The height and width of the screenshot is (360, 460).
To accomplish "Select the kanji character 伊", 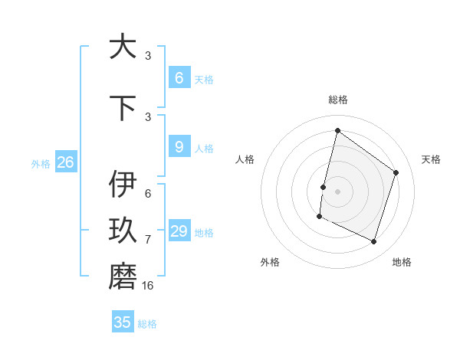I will pyautogui.click(x=123, y=185).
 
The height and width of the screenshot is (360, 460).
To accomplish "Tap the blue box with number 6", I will pyautogui.click(x=179, y=77).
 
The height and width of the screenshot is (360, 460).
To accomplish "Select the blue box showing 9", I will pyautogui.click(x=179, y=147).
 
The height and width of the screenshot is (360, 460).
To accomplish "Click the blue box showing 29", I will pyautogui.click(x=179, y=231).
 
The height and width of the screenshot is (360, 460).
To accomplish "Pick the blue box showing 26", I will pyautogui.click(x=66, y=162).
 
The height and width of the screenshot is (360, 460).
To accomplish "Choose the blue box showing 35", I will pyautogui.click(x=123, y=322).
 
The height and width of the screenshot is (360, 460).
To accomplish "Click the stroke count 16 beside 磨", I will pyautogui.click(x=148, y=285).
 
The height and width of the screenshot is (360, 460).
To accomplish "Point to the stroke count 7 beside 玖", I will pyautogui.click(x=148, y=239).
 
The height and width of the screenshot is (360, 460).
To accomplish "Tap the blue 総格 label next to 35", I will pyautogui.click(x=148, y=324).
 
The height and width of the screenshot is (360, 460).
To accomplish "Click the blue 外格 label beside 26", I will pyautogui.click(x=41, y=163).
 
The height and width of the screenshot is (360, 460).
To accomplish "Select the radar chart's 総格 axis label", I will pyautogui.click(x=338, y=100).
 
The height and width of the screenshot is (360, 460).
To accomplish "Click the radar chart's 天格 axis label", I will pyautogui.click(x=432, y=159).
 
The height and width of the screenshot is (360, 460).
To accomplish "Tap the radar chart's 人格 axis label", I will pyautogui.click(x=245, y=159).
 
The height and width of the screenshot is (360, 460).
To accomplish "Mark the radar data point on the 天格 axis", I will pyautogui.click(x=396, y=172).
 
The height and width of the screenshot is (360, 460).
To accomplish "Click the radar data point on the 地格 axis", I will pyautogui.click(x=374, y=241).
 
